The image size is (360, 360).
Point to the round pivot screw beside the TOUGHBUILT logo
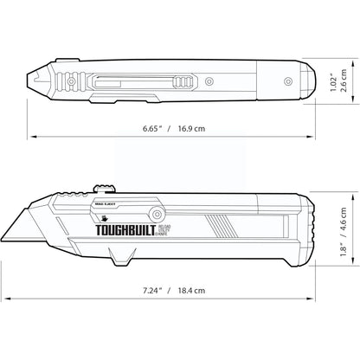pos(156,213)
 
